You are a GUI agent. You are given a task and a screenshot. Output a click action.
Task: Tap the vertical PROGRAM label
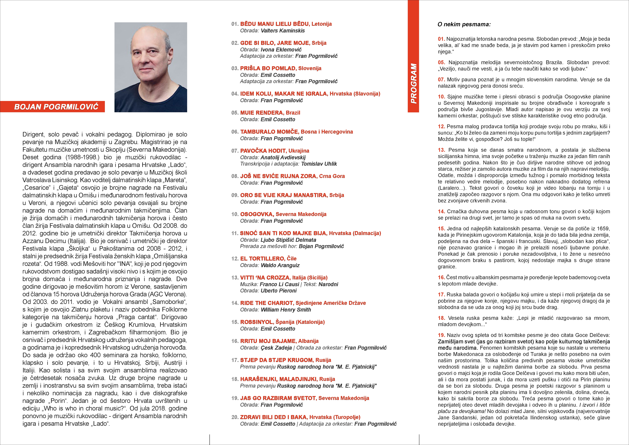click(x=413, y=84)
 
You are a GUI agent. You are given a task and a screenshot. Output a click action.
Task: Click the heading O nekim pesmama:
click(x=464, y=24)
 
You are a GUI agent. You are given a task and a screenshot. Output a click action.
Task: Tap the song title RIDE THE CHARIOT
click(x=266, y=303)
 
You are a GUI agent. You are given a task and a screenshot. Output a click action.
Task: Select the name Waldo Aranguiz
click(x=280, y=265)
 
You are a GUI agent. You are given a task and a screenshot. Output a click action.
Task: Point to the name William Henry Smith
click(x=286, y=310)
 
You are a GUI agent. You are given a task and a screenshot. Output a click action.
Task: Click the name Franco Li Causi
click(x=279, y=284)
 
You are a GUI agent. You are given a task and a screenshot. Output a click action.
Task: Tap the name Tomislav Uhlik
click(x=319, y=164)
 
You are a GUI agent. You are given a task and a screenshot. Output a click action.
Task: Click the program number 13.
click(x=235, y=278)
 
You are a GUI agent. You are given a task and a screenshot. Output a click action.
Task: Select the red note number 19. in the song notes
click(x=441, y=335)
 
